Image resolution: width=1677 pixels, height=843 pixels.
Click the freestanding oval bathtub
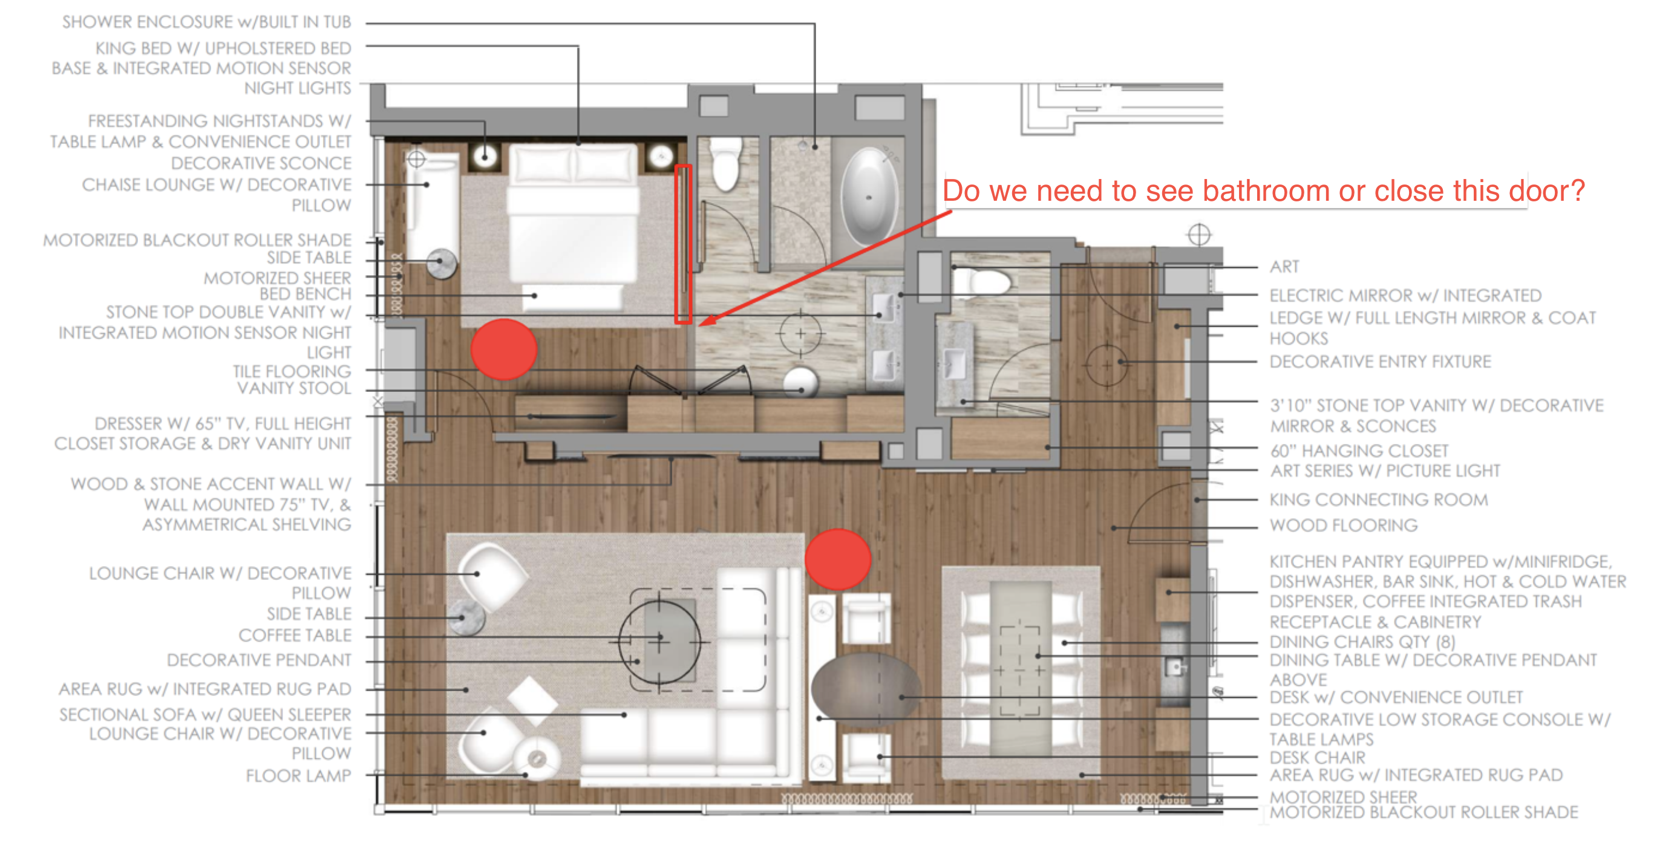pos(869,196)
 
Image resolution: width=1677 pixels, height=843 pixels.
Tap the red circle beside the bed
pos(503,349)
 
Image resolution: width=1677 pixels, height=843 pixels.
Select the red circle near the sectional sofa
pos(837,559)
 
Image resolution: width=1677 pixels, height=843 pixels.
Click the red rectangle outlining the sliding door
pos(682,244)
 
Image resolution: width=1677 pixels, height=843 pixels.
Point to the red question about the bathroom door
pos(1264,190)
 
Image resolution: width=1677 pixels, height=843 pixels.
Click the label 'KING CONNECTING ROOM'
pos(1378,500)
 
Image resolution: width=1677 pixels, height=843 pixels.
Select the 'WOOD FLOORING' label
pos(1343,525)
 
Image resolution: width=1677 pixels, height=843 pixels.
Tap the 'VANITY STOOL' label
pos(293,388)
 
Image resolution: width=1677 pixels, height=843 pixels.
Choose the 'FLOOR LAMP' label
pos(298,775)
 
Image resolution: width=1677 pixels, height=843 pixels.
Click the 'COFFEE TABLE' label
pos(294,635)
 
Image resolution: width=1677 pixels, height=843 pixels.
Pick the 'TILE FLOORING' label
pos(292,371)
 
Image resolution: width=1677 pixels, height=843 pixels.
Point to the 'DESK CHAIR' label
pos(1317,757)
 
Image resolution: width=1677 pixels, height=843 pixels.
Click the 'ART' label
pos(1284,266)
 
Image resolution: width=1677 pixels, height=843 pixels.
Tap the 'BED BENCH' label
pos(306,295)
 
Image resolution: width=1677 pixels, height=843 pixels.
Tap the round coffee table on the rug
pos(659,640)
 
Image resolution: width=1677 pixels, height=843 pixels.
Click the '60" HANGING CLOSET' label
pos(1359,451)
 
